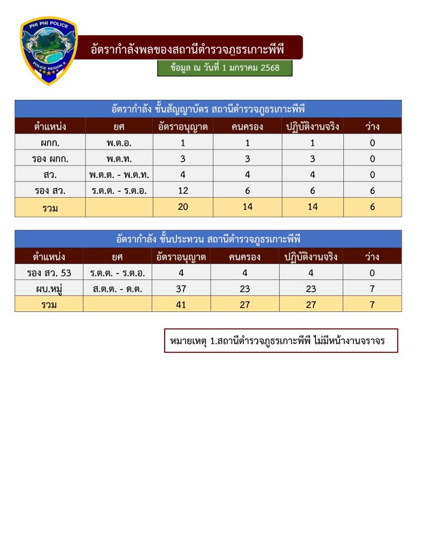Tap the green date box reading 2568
pos(225,68)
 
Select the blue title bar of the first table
pos(208,108)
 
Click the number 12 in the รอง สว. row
pos(183,191)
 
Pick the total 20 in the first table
pos(183,207)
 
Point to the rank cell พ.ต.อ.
pos(119,143)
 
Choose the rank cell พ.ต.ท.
pos(119,159)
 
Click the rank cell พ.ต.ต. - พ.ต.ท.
pos(119,175)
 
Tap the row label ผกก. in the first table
pos(50,143)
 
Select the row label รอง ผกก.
pos(50,159)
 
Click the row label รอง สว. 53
pos(49,272)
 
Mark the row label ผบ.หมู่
pos(49,288)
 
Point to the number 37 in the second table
pos(181,288)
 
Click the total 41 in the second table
pos(181,304)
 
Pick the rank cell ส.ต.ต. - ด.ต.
pos(118,288)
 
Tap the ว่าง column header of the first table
pos(372,127)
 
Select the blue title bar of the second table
pos(208,239)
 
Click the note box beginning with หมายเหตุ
pos(281,341)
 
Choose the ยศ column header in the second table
pos(118,256)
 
